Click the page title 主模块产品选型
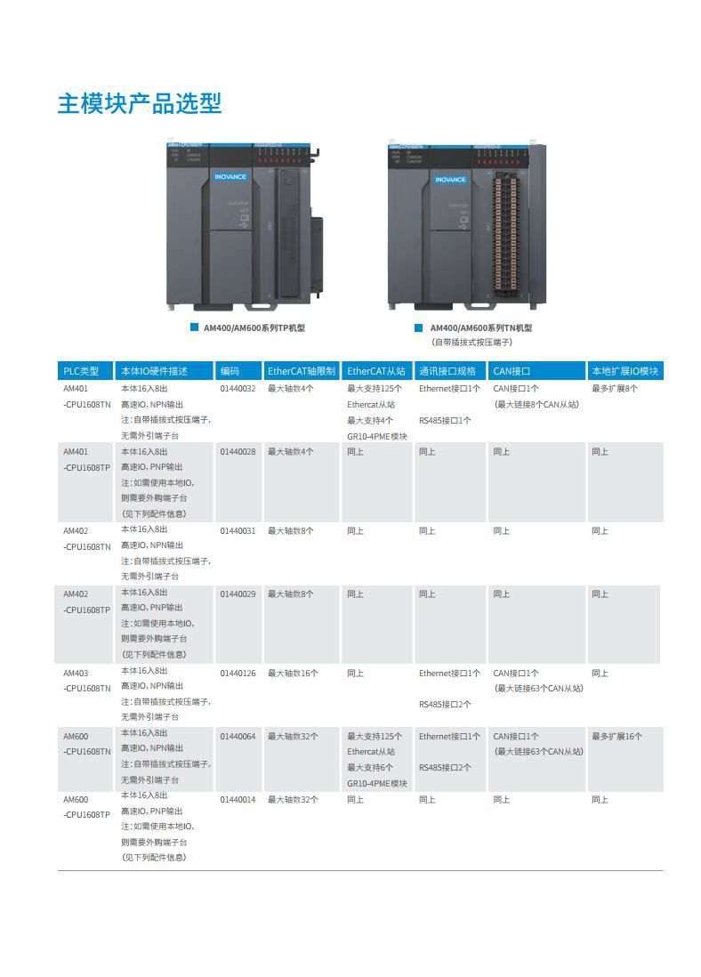click(x=140, y=103)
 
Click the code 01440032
click(x=238, y=389)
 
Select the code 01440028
click(x=238, y=452)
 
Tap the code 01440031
click(x=238, y=531)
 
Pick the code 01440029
click(x=238, y=594)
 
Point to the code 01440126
click(x=238, y=674)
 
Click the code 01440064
click(x=238, y=737)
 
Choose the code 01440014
click(x=238, y=800)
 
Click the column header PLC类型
click(x=81, y=371)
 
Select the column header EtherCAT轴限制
click(x=302, y=371)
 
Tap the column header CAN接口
click(x=512, y=371)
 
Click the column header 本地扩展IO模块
click(x=624, y=371)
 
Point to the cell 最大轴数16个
click(x=293, y=674)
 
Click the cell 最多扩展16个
click(x=616, y=737)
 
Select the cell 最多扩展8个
click(x=615, y=389)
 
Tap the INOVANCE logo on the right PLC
click(x=450, y=180)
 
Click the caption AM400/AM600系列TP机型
click(x=254, y=328)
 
